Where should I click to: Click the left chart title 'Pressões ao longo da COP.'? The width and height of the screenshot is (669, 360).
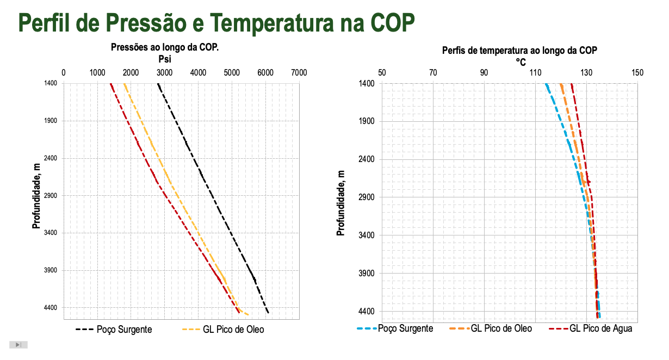(x=165, y=48)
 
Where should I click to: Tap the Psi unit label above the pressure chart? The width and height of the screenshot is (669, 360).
(x=165, y=59)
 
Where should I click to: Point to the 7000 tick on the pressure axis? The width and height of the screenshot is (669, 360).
(x=299, y=72)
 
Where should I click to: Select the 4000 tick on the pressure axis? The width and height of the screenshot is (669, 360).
(x=198, y=72)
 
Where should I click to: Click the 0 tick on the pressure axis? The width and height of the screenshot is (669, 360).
(x=64, y=72)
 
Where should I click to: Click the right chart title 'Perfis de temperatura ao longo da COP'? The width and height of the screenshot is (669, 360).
(x=519, y=51)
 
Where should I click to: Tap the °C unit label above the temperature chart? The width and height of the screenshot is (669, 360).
(x=521, y=61)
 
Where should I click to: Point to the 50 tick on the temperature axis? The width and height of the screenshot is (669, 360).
(x=382, y=72)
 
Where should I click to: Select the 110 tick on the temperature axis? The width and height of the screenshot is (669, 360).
(x=535, y=72)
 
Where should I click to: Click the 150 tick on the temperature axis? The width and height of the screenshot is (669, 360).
(x=637, y=72)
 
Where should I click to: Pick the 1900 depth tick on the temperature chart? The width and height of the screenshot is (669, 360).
(x=367, y=121)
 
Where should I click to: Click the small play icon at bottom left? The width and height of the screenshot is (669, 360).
(x=18, y=345)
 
